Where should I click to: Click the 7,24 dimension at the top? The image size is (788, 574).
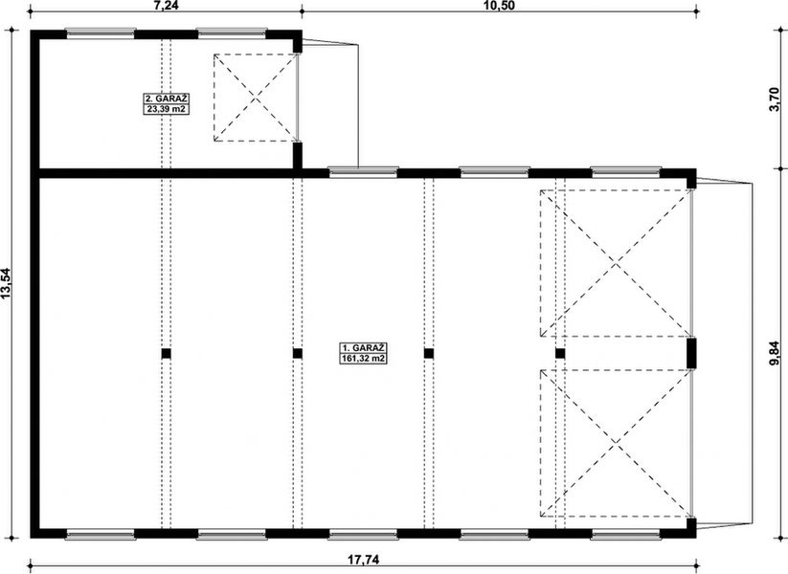169,5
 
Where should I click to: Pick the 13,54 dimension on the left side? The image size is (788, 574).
9,284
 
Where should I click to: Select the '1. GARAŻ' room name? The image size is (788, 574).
363,348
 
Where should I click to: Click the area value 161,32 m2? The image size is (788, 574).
363,360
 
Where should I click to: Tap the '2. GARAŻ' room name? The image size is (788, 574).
162,99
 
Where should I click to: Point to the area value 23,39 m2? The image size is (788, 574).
162,109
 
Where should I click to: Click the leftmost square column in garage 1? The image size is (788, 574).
166,353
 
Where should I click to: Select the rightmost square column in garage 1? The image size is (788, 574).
560,353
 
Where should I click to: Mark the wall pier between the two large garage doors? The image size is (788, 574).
691,353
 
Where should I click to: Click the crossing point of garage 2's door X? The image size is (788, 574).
255,98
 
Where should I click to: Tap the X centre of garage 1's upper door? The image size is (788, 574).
616,263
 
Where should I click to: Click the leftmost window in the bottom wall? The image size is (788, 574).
100,533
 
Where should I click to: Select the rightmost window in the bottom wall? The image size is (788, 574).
624,533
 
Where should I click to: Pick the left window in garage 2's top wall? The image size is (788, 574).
100,33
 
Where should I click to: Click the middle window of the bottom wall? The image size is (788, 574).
363,533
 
